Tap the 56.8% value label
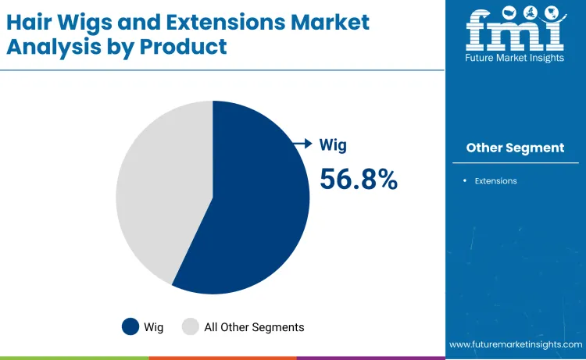tap(359, 180)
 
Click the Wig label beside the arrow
tap(333, 144)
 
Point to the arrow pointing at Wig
tap(302, 144)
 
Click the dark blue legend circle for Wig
tap(130, 326)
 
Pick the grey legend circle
tap(191, 326)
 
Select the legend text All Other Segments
tap(254, 327)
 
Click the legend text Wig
tap(154, 327)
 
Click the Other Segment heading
tap(515, 148)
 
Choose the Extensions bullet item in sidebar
tap(495, 181)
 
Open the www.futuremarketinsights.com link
tap(516, 344)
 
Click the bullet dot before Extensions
tap(465, 181)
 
